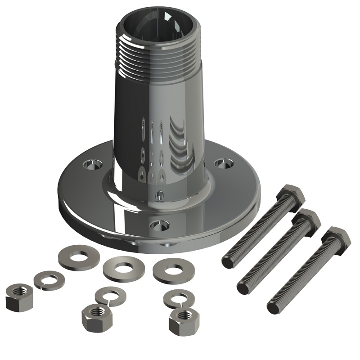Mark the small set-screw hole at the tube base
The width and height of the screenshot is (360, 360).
(x=158, y=195)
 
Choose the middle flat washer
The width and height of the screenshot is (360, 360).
(x=121, y=267)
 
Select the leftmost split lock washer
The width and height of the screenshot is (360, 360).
(x=49, y=279)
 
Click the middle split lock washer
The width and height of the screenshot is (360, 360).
(x=110, y=296)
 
